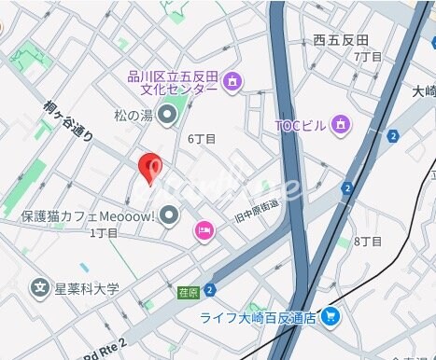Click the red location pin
click(x=150, y=168)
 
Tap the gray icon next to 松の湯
click(x=168, y=116)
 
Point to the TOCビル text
click(x=299, y=125)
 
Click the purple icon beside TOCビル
click(x=341, y=123)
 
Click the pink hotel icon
click(x=204, y=229)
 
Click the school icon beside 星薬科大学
click(x=39, y=287)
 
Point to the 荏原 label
click(x=189, y=292)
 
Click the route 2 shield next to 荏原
click(x=210, y=290)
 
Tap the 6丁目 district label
click(x=202, y=139)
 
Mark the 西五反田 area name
click(x=341, y=39)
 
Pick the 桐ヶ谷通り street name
click(x=68, y=121)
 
